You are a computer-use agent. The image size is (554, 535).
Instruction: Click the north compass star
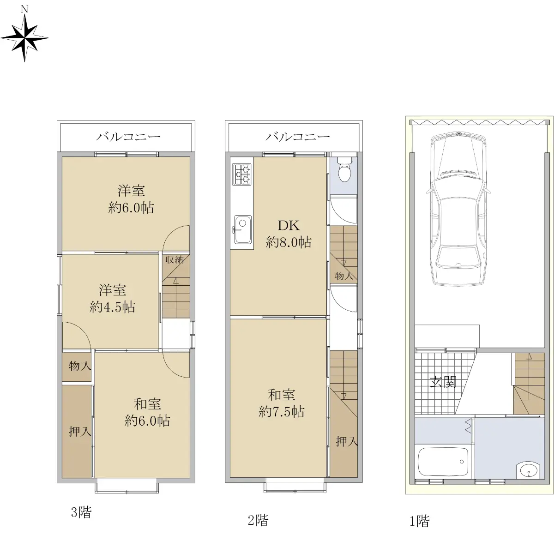pos(24,38)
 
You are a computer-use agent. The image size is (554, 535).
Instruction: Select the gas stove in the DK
pos(242,174)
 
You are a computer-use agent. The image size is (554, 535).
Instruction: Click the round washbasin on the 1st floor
pos(528,471)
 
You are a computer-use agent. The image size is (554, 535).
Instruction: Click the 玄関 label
pos(443,382)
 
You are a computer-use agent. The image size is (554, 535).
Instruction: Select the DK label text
pos(289,226)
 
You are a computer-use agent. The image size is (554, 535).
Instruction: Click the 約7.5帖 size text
pos(281,412)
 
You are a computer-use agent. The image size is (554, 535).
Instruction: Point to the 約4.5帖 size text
pos(112,307)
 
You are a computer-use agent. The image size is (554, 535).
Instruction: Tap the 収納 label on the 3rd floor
pos(175,259)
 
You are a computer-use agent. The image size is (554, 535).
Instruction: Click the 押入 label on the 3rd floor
pos(80,432)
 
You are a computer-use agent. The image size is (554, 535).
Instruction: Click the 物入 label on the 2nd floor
pos(344,276)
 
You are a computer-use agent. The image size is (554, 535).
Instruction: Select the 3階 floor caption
pos(81,512)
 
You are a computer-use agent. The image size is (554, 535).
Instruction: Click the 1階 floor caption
pos(419,521)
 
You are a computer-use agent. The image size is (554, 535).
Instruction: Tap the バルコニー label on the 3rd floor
pos(128,137)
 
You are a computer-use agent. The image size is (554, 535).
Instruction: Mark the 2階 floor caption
pos(258,520)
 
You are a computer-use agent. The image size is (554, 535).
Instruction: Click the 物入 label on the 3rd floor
pos(80,366)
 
